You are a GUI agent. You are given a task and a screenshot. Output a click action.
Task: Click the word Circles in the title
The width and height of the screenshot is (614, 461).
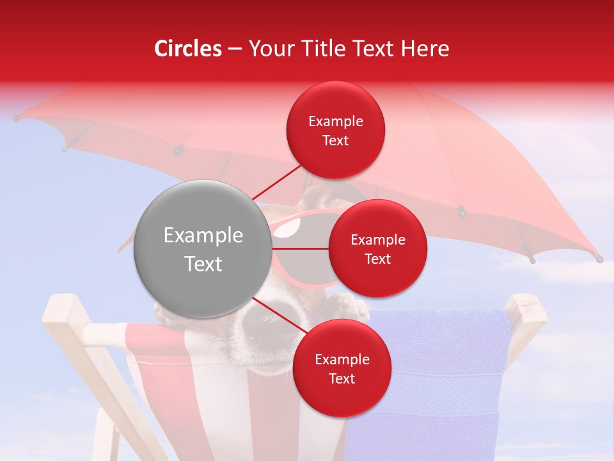pyautogui.click(x=187, y=49)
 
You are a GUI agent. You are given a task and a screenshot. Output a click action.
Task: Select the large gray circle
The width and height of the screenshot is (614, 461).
pyautogui.click(x=203, y=249)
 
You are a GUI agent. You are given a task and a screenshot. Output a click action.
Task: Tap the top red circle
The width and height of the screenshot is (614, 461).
pyautogui.click(x=336, y=131)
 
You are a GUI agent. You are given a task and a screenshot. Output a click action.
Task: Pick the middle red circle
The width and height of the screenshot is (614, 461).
pyautogui.click(x=377, y=248)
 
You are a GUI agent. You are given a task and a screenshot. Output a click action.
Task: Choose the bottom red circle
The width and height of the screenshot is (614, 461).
pyautogui.click(x=342, y=368)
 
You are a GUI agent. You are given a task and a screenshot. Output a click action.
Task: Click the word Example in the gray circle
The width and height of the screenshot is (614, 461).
pyautogui.click(x=203, y=236)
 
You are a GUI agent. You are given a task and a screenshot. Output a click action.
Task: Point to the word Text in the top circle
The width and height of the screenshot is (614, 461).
pyautogui.click(x=336, y=141)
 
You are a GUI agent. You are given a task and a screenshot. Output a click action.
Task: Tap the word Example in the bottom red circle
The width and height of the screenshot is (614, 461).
pyautogui.click(x=342, y=359)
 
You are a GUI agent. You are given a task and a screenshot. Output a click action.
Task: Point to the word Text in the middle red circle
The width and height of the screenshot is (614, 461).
pyautogui.click(x=377, y=259)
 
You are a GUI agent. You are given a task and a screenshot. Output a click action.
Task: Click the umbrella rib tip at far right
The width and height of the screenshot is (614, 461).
pyautogui.click(x=599, y=259)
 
